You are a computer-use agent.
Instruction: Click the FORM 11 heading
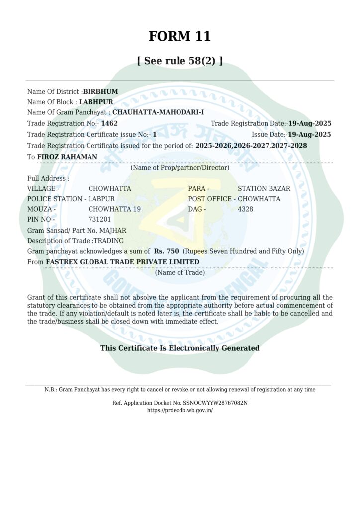180,36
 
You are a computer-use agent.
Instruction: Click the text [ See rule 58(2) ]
180,61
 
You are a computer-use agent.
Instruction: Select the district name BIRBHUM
100,92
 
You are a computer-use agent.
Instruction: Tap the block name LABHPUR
96,102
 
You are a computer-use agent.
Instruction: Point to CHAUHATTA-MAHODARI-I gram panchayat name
158,112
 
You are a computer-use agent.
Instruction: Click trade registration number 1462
109,123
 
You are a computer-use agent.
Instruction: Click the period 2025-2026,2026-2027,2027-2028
251,146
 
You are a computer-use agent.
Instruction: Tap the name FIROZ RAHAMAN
67,157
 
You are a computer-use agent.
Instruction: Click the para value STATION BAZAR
264,189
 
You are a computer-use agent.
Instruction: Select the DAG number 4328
245,209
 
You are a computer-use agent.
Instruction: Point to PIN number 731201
99,219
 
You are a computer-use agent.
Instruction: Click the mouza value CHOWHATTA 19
114,209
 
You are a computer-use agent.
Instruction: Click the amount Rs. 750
166,251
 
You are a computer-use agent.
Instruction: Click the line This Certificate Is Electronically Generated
180,348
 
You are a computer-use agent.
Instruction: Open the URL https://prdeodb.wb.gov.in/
180,410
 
